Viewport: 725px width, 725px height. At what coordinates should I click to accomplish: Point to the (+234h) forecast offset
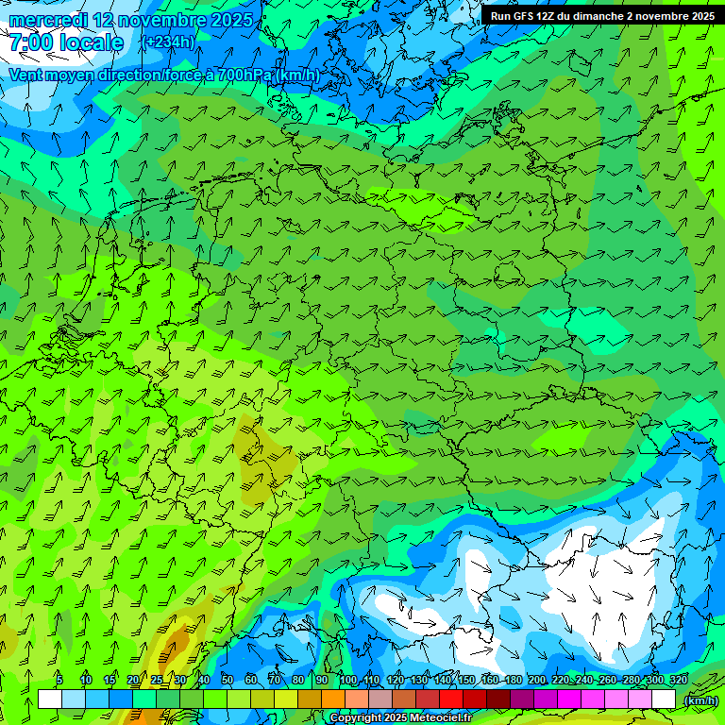170,42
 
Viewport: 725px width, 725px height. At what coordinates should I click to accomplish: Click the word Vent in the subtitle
25,75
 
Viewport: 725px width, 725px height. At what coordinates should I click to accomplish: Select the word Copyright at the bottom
356,718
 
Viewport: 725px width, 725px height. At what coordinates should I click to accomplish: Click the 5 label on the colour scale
59,680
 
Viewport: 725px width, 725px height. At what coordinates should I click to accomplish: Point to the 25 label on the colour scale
157,680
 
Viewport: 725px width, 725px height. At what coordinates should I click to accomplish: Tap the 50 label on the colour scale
228,680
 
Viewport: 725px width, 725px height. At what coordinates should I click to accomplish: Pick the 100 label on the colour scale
348,680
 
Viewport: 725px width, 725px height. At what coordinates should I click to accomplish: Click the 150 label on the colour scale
466,680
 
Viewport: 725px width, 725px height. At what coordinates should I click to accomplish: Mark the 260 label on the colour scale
608,680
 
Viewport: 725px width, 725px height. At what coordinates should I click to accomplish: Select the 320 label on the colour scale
679,680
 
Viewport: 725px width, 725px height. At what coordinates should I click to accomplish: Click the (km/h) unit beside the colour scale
700,700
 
